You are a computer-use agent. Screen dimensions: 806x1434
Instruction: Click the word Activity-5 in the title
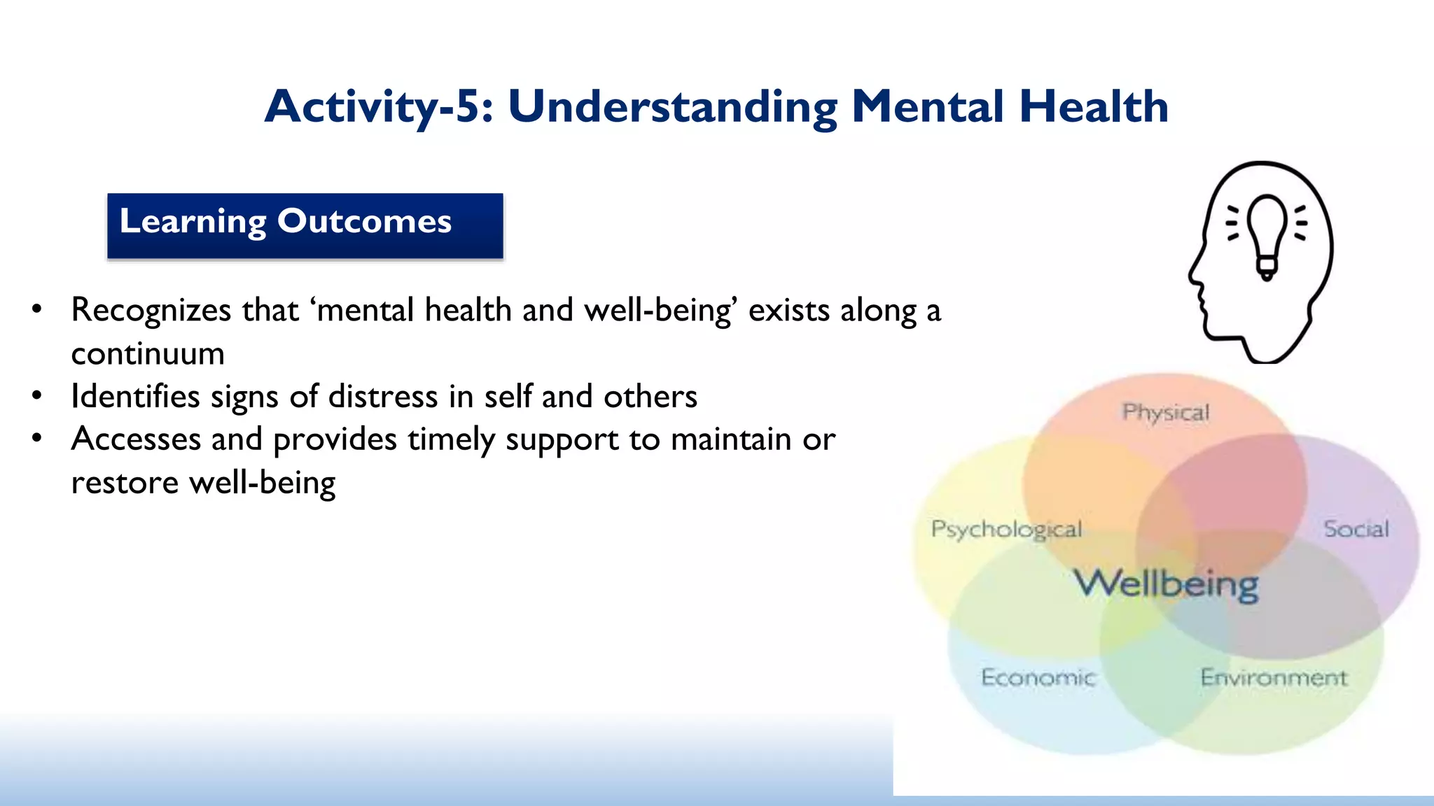point(378,107)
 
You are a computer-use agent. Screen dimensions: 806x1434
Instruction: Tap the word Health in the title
point(1094,107)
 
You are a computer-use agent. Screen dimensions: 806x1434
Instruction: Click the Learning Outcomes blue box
point(305,225)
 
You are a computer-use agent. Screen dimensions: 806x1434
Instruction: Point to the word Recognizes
point(151,310)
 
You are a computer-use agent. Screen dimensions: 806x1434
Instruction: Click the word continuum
point(148,353)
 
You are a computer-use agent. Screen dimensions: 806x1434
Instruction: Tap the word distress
point(383,396)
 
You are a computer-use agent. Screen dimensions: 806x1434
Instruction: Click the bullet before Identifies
point(37,396)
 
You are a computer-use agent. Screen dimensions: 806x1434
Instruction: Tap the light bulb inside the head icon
point(1267,234)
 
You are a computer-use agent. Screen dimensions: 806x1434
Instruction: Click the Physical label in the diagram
point(1166,413)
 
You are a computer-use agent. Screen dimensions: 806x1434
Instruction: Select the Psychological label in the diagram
point(1006,530)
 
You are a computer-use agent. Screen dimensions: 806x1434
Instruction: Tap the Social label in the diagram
point(1356,530)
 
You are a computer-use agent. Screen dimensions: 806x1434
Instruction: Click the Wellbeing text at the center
point(1167,584)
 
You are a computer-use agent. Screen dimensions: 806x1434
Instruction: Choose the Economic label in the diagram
point(1038,677)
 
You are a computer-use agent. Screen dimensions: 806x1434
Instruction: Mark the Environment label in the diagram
point(1274,677)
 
